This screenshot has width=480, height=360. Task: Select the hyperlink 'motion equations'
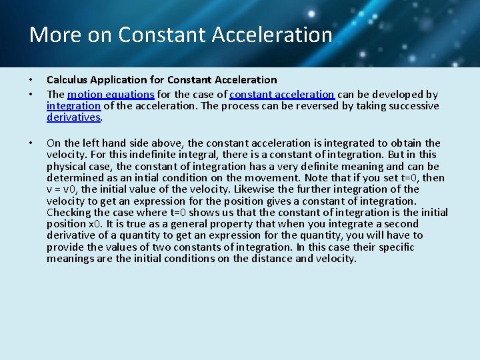[111, 95]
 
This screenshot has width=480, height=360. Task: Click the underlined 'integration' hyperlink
[73, 106]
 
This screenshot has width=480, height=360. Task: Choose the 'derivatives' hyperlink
[73, 117]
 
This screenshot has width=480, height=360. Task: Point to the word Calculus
[67, 80]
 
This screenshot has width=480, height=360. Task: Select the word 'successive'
[413, 106]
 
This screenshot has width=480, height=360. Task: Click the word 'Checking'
[70, 212]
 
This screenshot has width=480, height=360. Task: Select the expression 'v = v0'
[63, 189]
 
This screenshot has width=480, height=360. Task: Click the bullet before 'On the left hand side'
[31, 143]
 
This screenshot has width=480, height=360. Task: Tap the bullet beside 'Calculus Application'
[31, 80]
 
